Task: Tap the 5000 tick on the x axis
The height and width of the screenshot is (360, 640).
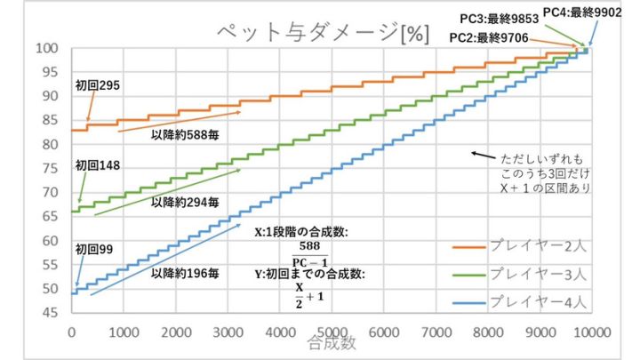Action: pyautogui.click(x=331, y=329)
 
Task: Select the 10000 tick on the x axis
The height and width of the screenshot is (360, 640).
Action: pyautogui.click(x=587, y=329)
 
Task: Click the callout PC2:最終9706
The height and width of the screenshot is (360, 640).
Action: pyautogui.click(x=488, y=38)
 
